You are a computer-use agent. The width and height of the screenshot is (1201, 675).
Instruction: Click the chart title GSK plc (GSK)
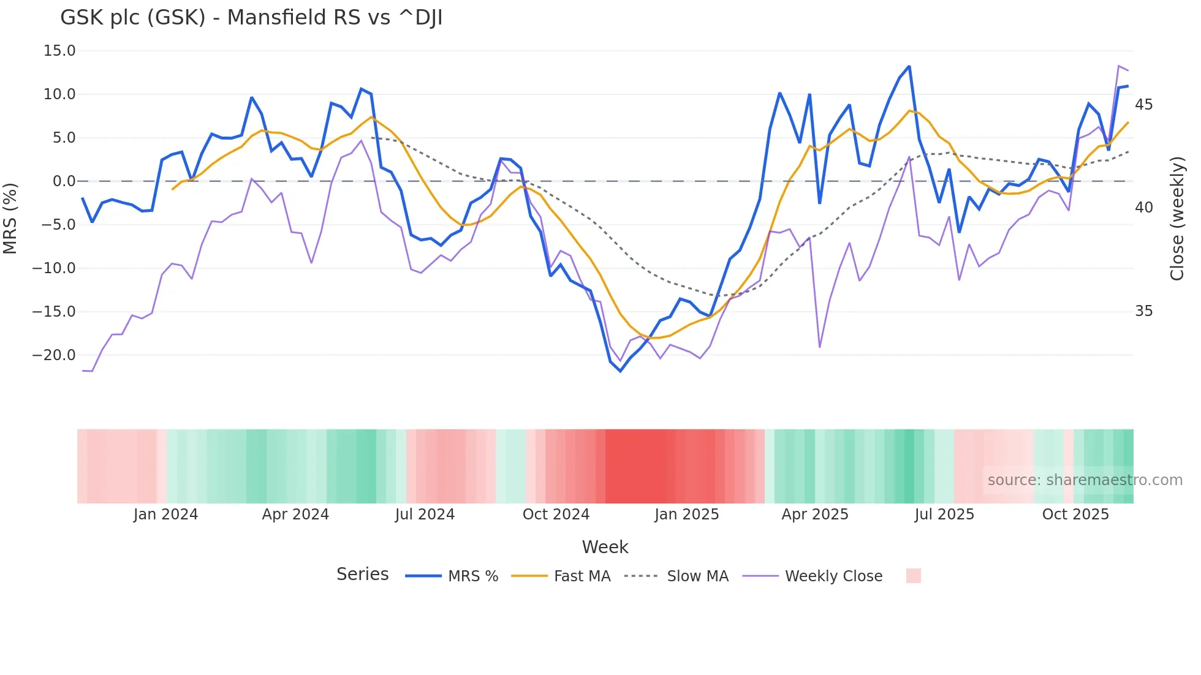251,18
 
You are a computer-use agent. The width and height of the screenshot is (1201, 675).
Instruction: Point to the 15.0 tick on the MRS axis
59,51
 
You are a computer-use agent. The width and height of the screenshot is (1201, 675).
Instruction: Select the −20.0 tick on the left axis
54,355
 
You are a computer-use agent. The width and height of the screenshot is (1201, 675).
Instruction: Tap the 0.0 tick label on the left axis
64,181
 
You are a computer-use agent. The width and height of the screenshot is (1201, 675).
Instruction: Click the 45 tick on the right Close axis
1143,105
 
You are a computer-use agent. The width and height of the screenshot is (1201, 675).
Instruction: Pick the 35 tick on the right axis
1143,311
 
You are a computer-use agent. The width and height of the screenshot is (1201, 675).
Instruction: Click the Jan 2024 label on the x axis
165,515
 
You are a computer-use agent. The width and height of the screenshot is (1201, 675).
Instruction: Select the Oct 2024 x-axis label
556,515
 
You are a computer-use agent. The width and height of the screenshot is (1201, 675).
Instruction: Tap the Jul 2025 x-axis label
944,515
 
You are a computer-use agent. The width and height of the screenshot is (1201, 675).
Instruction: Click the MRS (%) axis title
10,218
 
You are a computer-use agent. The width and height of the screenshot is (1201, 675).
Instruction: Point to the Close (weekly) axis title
1177,219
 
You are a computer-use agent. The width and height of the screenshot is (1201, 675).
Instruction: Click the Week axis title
605,547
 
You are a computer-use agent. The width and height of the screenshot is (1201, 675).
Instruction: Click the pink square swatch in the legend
913,576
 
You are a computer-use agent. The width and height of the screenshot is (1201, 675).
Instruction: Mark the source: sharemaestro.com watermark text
1085,480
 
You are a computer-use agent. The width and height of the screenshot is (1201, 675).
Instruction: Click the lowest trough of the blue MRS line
620,371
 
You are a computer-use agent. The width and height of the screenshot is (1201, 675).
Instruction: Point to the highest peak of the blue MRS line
909,66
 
